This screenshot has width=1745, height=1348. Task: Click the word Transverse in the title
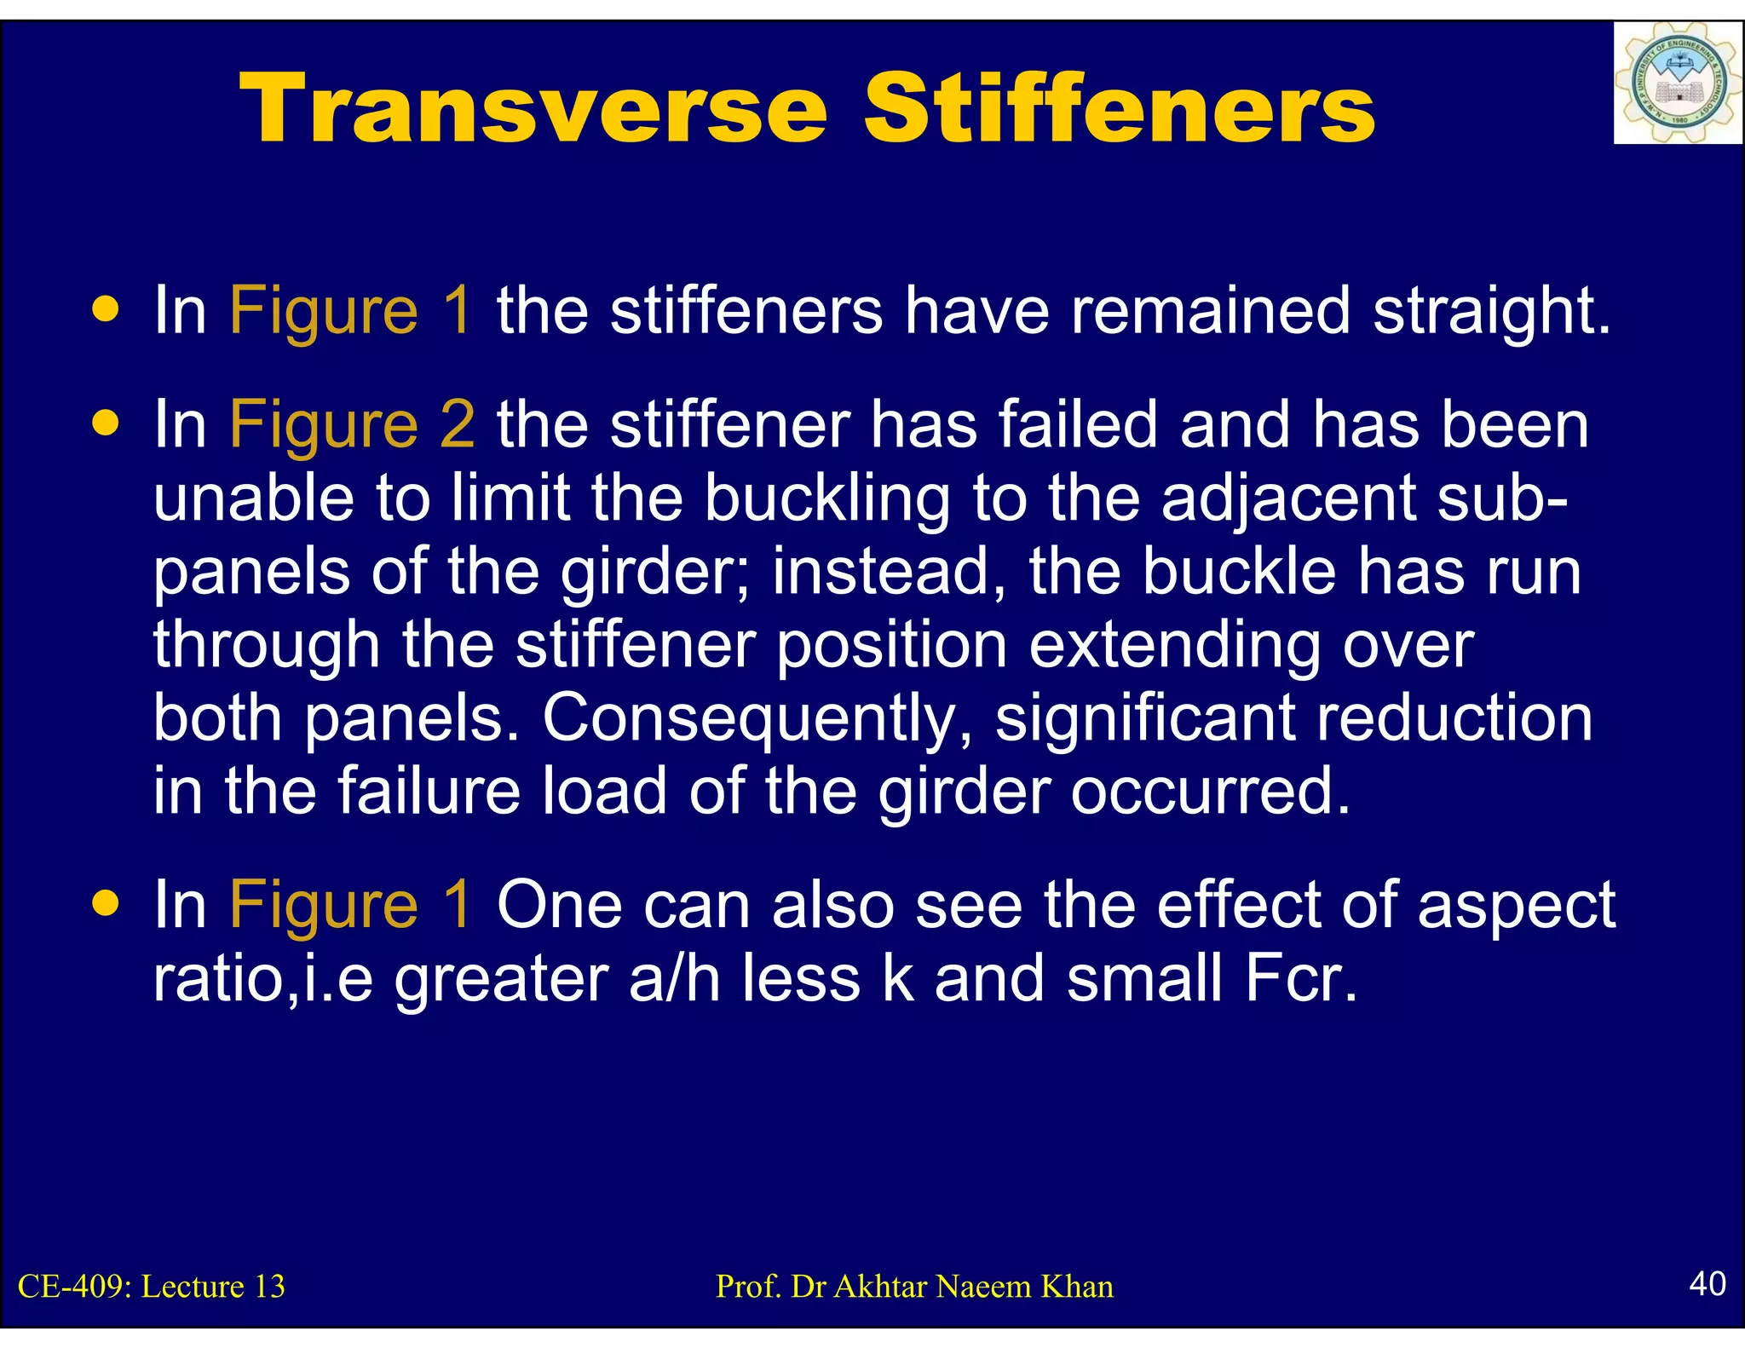[533, 109]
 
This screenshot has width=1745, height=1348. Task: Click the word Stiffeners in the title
[1120, 109]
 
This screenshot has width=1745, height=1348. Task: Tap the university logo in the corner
[1677, 84]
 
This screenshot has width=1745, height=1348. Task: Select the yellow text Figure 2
[352, 424]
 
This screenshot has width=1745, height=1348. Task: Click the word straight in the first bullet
[1491, 311]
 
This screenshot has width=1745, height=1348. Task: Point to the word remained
[1211, 311]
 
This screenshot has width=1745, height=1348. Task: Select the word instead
[890, 572]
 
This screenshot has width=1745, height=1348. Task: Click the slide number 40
[1707, 1283]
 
